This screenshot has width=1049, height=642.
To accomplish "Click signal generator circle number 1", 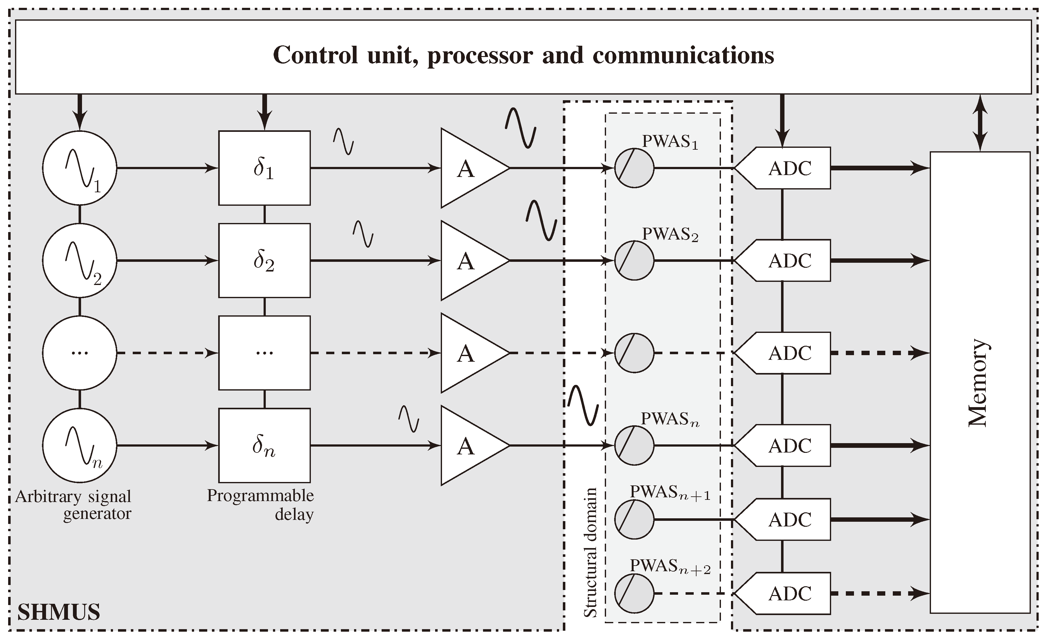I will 80,168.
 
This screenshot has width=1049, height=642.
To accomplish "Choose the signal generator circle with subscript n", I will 80,445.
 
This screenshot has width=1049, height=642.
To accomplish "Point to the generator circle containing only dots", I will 80,353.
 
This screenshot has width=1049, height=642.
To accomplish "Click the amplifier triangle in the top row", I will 468,168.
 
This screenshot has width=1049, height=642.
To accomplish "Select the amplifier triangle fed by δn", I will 468,446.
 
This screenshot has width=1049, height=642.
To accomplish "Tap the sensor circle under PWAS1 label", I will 634,168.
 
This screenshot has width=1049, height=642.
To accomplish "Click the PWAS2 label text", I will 670,234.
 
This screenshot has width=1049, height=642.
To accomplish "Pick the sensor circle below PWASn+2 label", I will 634,593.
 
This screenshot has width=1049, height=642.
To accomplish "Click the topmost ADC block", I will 788,168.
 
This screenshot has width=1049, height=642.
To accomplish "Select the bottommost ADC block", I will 788,593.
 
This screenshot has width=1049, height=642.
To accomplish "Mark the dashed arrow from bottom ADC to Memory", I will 879,593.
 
